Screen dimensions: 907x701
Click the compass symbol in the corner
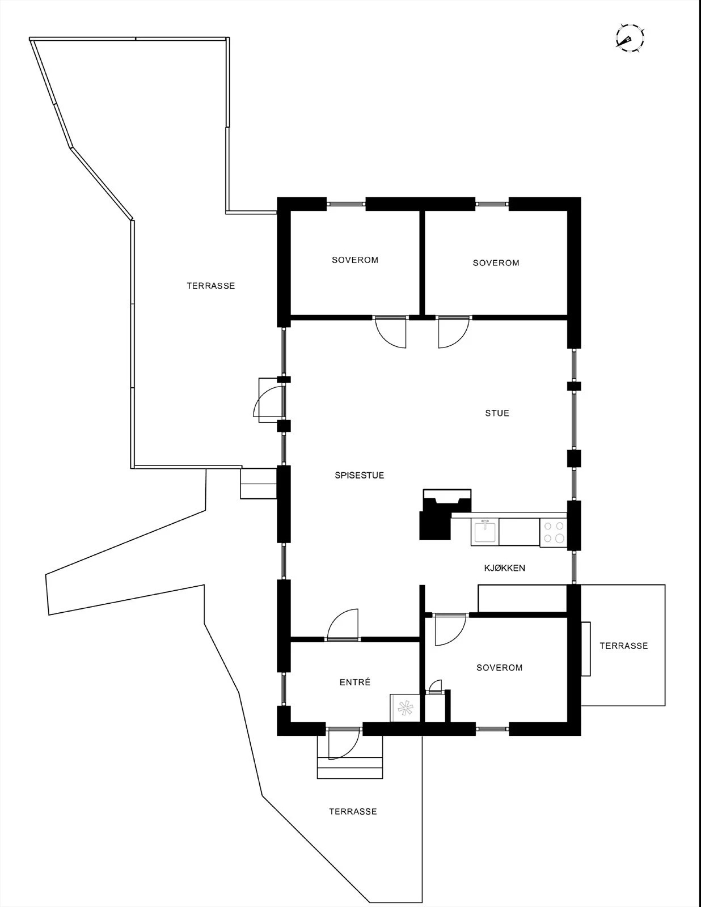630,39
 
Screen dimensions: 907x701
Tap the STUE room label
497,413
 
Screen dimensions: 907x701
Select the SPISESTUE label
359,476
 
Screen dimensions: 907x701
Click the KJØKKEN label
504,568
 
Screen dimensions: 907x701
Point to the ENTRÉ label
355,683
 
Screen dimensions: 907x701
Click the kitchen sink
485,532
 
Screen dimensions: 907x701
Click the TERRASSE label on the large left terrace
210,286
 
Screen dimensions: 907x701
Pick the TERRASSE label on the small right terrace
623,646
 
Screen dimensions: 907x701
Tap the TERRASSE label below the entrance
353,812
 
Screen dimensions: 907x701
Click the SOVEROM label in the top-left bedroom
355,260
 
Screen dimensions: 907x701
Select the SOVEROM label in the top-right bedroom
496,263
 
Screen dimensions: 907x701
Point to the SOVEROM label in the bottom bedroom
499,668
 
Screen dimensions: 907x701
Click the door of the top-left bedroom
391,332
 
